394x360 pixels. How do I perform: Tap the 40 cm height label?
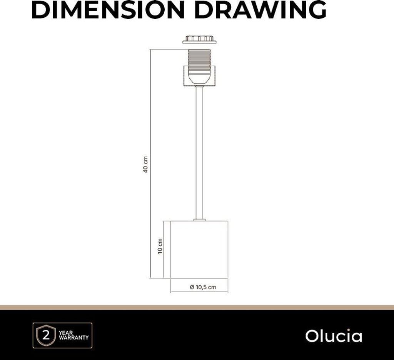145,164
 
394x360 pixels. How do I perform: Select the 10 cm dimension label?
160,246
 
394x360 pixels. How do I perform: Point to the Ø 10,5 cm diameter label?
203,287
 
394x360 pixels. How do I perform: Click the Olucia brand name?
334,336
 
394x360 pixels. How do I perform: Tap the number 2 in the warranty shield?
46,335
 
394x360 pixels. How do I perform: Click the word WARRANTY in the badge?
73,338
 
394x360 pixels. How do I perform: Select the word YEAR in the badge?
66,332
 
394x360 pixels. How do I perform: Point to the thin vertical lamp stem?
199,154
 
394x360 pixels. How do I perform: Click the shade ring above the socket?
199,39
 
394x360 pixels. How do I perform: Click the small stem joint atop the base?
199,220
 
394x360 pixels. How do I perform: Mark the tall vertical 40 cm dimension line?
150,115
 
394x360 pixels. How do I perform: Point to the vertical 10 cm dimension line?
164,265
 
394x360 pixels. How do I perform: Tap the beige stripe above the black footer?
197,307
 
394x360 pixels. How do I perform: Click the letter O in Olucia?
311,336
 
